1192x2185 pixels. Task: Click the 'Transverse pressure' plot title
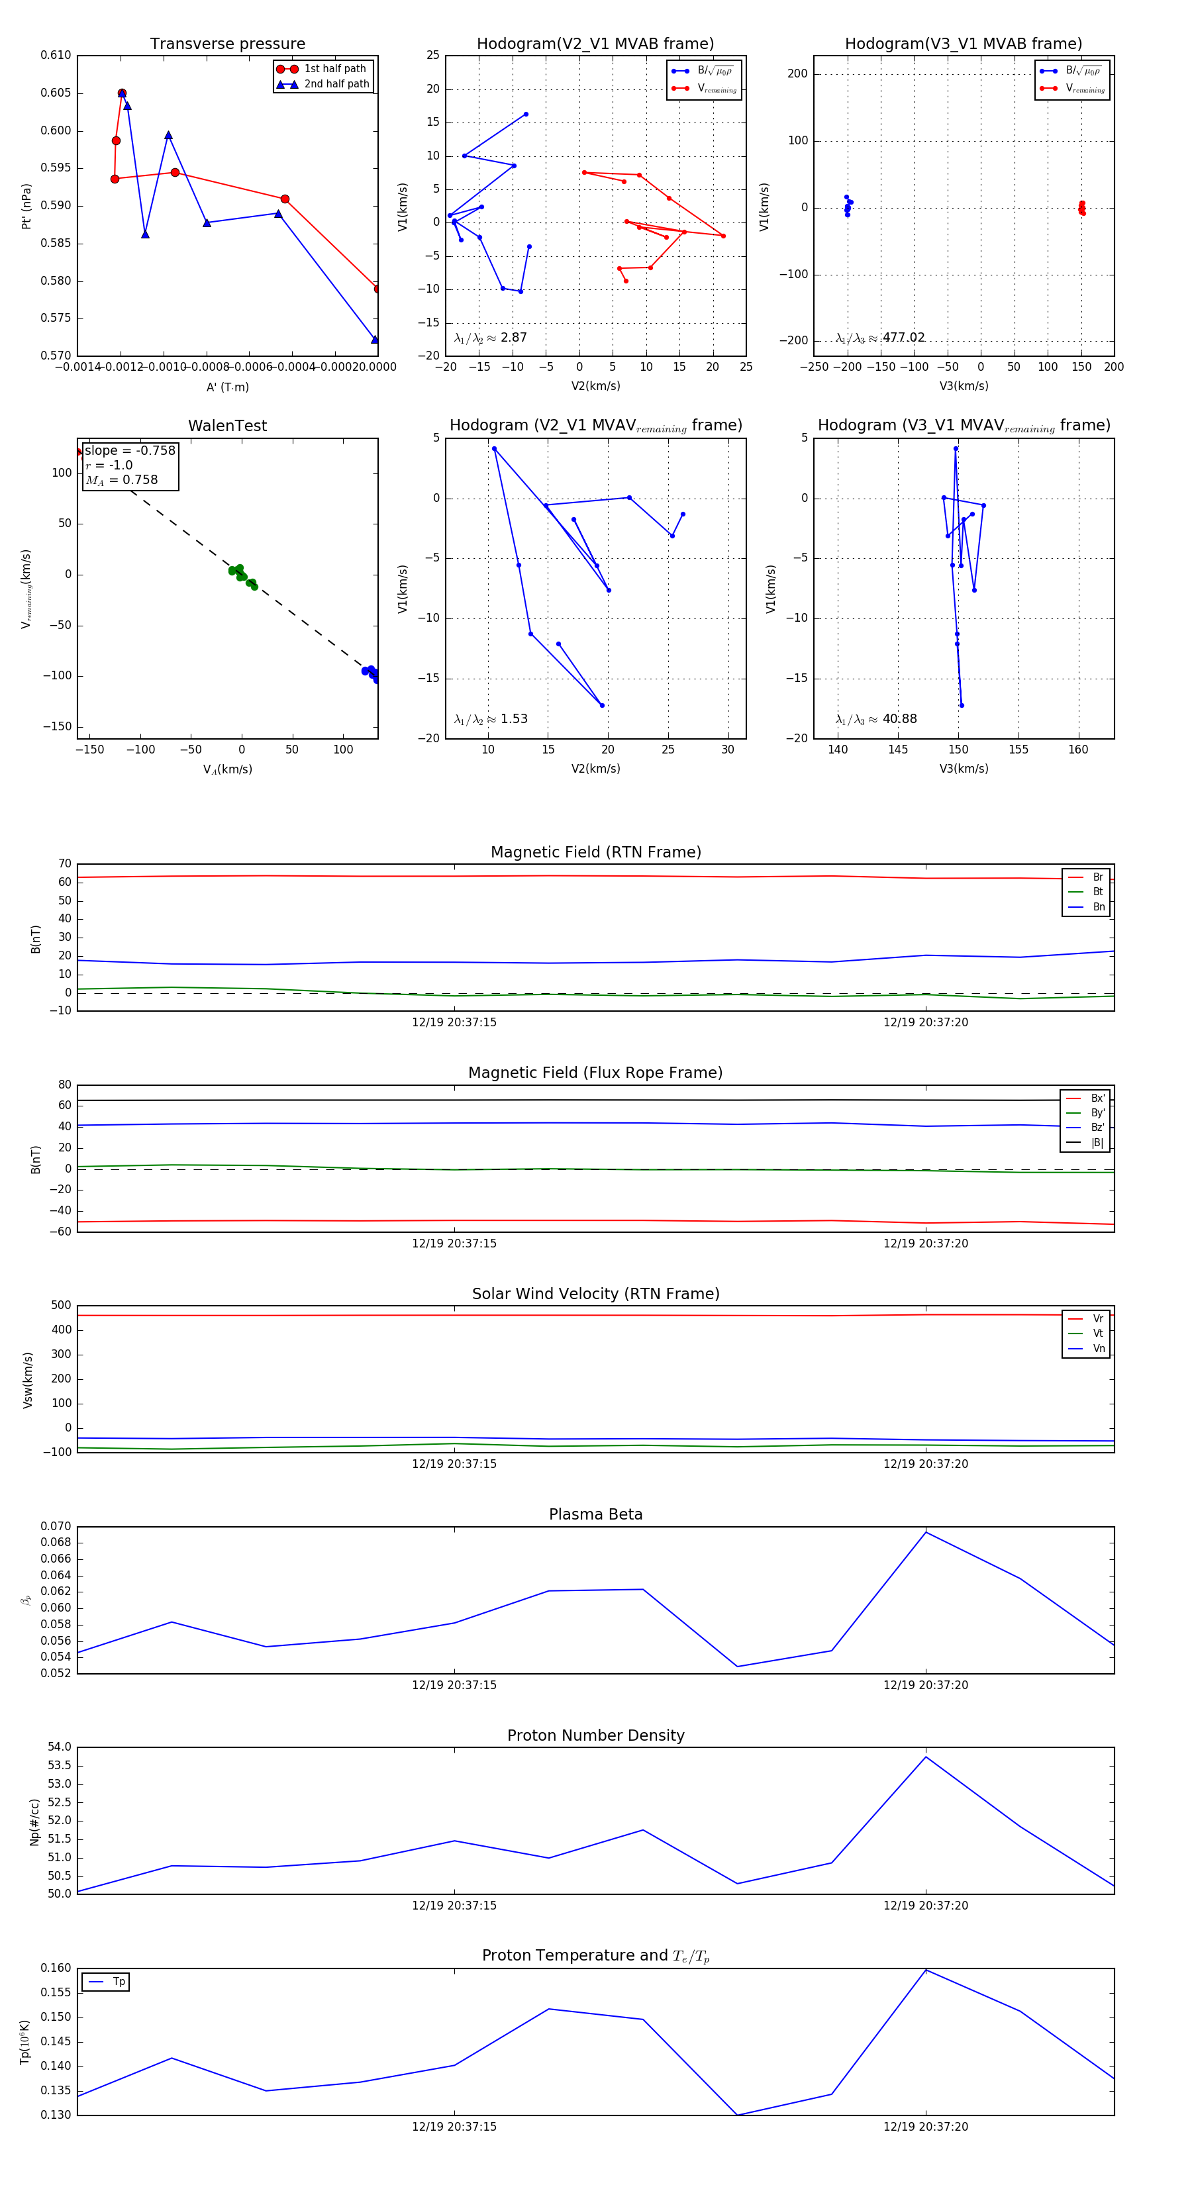[x=227, y=44]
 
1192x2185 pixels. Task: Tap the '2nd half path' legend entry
[x=336, y=84]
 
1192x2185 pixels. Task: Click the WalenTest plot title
[x=227, y=426]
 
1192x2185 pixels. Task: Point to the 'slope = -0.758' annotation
[x=130, y=450]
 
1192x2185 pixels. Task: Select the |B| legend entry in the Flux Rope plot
[x=1096, y=1143]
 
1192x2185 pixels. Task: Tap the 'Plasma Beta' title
[x=595, y=1514]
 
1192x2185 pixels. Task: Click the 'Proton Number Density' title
[x=595, y=1735]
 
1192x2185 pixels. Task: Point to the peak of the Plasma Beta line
[x=926, y=1532]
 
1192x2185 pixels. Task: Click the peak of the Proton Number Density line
[x=926, y=1757]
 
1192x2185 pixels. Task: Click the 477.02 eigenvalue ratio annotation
[x=903, y=338]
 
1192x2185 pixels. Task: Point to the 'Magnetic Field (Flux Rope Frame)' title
[x=595, y=1073]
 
